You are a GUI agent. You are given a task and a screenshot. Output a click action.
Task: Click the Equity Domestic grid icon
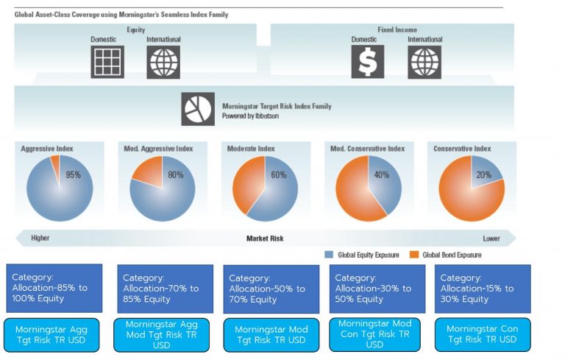tap(107, 62)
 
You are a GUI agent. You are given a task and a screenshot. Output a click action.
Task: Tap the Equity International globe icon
tap(163, 62)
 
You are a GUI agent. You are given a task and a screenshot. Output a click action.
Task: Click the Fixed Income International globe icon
tap(424, 62)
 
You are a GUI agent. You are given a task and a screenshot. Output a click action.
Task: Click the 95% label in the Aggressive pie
tap(73, 175)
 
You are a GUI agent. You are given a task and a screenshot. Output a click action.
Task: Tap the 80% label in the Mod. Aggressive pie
tap(175, 175)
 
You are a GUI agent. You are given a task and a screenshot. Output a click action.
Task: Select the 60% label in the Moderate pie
tap(277, 175)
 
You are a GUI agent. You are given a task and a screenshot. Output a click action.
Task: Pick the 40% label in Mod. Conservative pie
tap(381, 175)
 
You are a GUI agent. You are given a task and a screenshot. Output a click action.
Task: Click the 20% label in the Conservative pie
tap(483, 175)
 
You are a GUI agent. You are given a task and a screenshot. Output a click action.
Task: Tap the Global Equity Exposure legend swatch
tap(330, 255)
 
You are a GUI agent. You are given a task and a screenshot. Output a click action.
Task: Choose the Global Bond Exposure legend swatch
tap(415, 255)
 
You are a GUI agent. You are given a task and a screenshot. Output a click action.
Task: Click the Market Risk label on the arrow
tap(265, 239)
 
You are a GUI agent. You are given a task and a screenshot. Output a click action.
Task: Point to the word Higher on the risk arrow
tap(40, 239)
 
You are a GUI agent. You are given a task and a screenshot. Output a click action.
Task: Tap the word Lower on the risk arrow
tap(491, 239)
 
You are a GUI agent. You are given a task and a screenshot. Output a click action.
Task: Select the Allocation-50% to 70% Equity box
tap(271, 289)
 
